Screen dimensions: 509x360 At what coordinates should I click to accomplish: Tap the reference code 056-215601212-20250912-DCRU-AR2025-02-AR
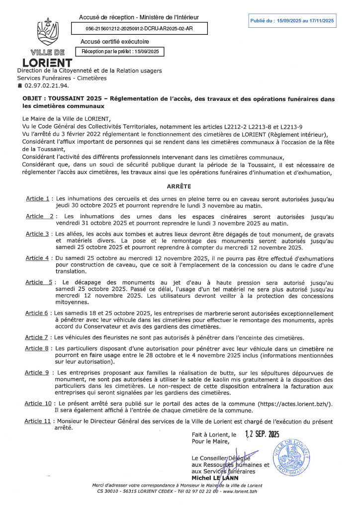point(139,29)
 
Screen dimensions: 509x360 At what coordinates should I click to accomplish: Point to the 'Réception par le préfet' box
point(119,51)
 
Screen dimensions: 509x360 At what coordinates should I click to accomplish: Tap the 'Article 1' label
point(38,199)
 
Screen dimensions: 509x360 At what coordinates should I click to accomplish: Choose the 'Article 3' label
point(38,234)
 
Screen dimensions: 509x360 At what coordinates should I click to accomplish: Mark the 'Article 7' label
point(37,338)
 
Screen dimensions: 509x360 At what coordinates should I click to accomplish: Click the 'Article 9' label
point(37,372)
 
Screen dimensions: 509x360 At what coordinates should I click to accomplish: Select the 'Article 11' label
point(38,421)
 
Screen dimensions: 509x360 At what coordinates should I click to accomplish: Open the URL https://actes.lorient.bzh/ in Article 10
point(299,404)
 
